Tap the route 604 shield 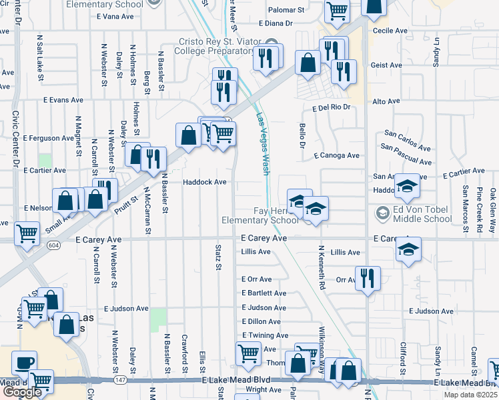pos(53,245)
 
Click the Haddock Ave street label pos(205,182)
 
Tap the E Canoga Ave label pos(337,155)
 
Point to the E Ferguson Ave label pos(49,138)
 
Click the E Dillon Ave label pos(264,321)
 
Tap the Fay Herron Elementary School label pos(260,215)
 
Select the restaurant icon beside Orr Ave pos(367,278)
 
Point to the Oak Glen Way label pos(492,210)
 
